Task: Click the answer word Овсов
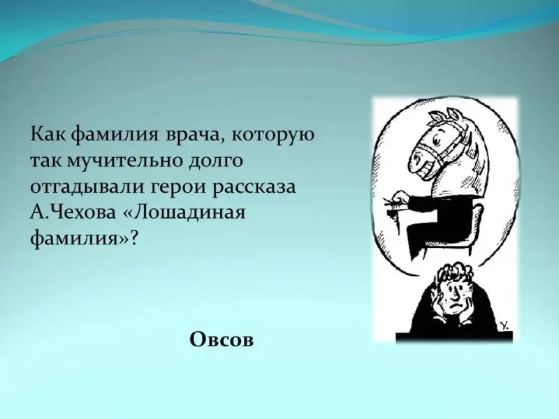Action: click(x=222, y=339)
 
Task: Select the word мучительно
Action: click(x=126, y=161)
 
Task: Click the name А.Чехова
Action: click(x=73, y=213)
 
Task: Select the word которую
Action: click(x=273, y=136)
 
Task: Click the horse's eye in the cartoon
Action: click(x=436, y=141)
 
